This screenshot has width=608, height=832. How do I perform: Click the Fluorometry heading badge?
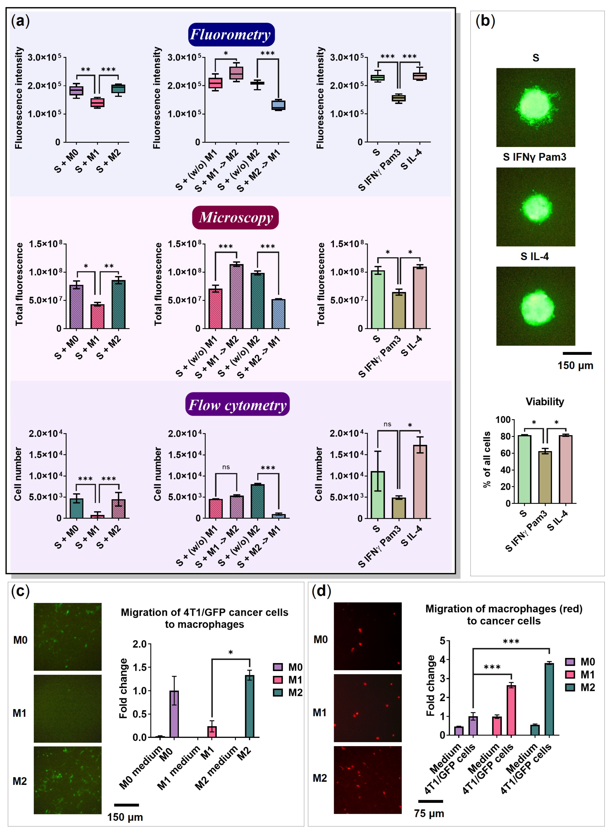(x=231, y=35)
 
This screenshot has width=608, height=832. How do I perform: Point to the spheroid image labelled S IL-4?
(x=535, y=306)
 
